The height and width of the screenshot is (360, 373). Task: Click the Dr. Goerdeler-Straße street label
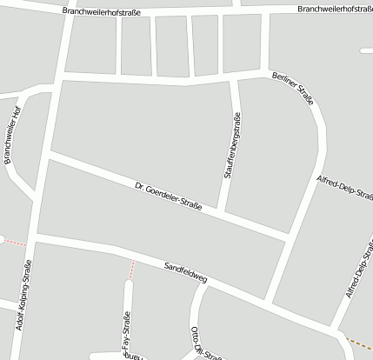click(169, 196)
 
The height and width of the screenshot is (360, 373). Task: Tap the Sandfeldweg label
click(185, 271)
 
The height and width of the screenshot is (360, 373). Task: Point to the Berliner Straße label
click(292, 89)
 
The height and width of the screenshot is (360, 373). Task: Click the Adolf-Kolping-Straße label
click(23, 297)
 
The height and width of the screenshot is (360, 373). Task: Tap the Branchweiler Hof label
click(12, 135)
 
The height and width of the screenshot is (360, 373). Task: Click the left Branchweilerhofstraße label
click(102, 10)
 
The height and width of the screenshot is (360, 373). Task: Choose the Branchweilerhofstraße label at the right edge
click(334, 9)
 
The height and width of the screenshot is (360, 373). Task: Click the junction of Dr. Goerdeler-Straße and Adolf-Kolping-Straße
click(50, 154)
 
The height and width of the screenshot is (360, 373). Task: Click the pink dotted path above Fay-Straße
click(131, 269)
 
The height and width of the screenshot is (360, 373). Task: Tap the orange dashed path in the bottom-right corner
click(357, 343)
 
